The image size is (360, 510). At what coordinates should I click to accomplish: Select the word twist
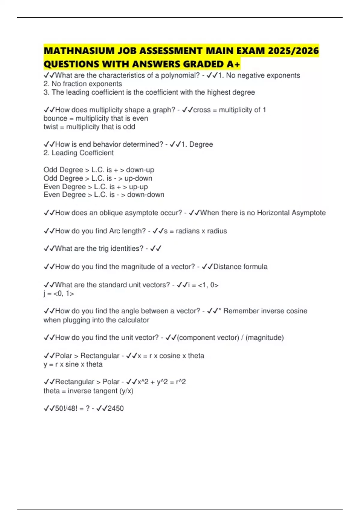(x=50, y=127)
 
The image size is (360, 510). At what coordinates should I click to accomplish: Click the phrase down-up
(x=140, y=170)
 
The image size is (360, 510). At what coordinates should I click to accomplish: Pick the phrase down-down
(x=145, y=195)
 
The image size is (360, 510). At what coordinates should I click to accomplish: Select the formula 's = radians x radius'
(x=195, y=231)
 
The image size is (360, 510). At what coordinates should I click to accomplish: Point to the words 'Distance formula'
(x=240, y=267)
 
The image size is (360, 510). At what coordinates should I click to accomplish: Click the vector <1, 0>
(x=208, y=285)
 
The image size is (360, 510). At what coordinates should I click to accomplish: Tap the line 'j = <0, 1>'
(x=59, y=293)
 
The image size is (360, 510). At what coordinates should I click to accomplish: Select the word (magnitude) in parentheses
(x=265, y=338)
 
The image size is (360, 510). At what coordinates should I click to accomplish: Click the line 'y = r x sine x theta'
(x=73, y=364)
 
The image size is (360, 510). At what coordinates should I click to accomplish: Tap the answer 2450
(x=115, y=408)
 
